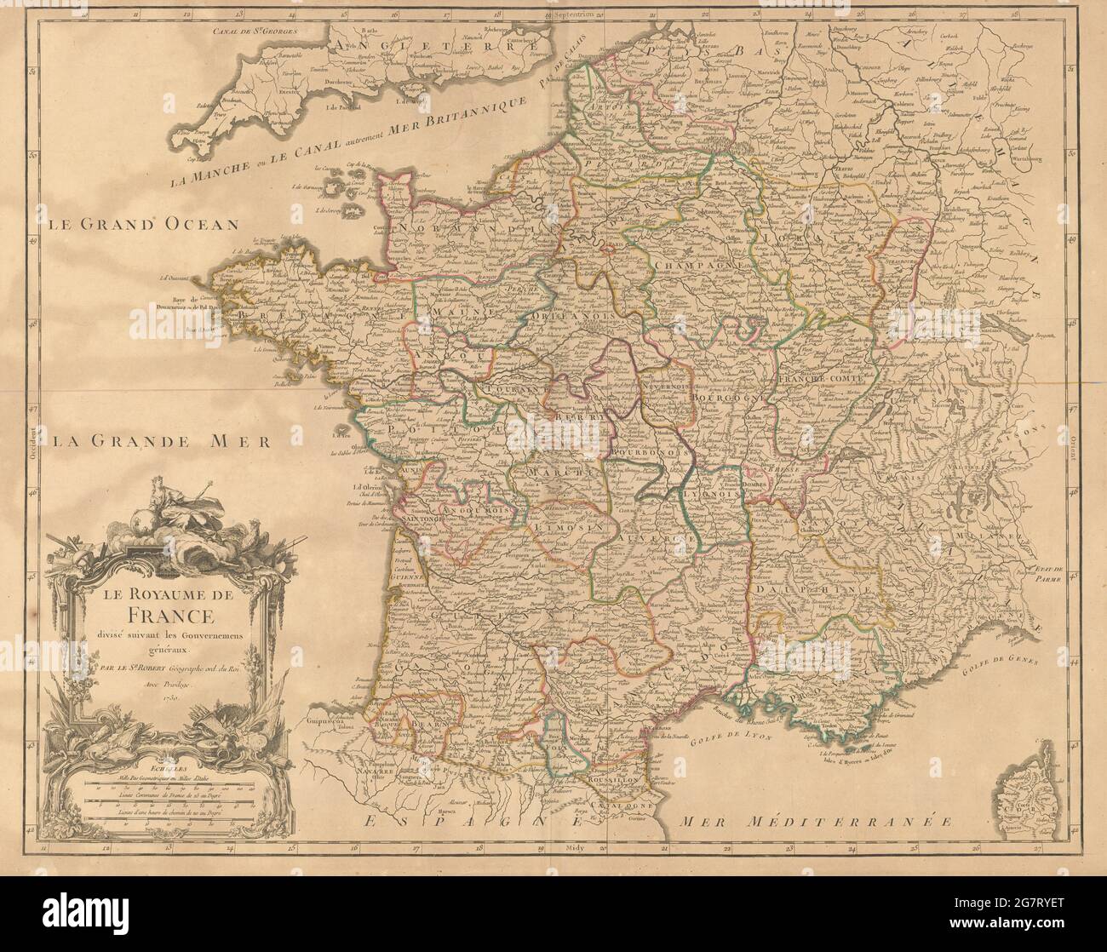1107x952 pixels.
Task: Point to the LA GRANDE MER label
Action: [x=159, y=441]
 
